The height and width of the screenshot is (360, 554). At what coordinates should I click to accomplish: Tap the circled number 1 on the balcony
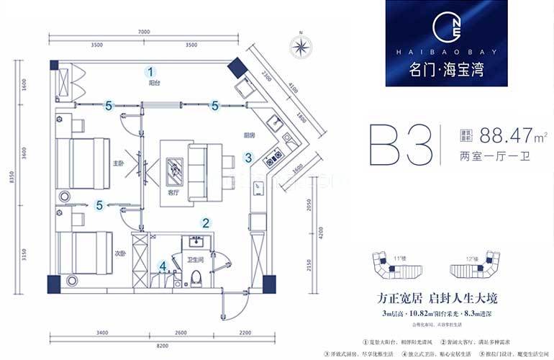pos(151,71)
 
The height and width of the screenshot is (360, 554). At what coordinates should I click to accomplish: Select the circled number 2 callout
pos(205,224)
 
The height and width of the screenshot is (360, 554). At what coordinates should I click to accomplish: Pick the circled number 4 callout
pos(163,266)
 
